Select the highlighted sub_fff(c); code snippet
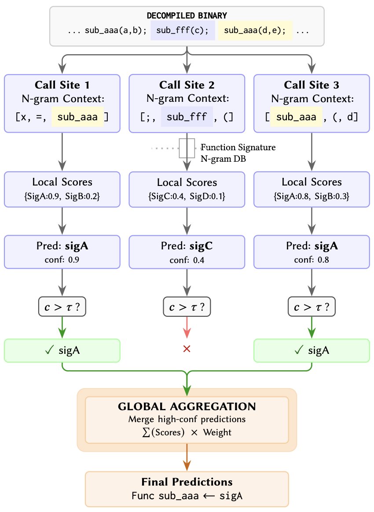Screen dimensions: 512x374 183,31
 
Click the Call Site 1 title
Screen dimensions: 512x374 62,85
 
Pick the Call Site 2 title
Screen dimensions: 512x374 187,85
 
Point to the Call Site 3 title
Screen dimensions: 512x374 312,85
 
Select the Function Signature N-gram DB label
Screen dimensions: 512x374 238,152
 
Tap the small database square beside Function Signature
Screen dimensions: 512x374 187,148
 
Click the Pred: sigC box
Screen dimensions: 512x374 187,252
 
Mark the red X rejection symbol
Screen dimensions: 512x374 187,349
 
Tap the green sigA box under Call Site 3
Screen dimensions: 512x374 312,350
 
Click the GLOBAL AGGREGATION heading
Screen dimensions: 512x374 187,406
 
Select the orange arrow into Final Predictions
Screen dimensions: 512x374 187,460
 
